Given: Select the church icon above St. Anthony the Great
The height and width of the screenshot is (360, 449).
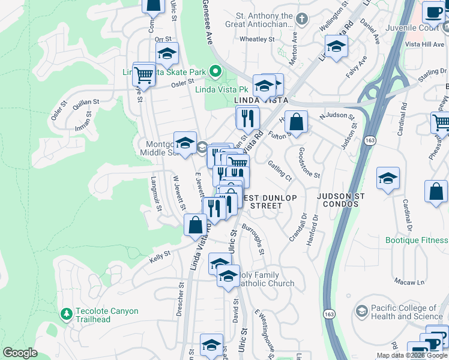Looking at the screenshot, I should (x=301, y=20).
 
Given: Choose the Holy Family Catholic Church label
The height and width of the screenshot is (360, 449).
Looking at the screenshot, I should (x=264, y=279).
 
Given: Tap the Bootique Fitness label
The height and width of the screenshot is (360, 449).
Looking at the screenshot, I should (x=417, y=240).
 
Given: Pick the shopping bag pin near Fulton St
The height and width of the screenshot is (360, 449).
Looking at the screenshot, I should (x=296, y=122).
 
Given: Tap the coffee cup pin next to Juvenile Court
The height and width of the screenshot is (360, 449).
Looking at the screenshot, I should (x=433, y=12).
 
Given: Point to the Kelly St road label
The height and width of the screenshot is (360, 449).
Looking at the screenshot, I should (x=160, y=256).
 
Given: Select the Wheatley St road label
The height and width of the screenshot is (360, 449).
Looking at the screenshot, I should (x=256, y=39).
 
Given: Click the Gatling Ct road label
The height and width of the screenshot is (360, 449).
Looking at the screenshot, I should (x=280, y=171).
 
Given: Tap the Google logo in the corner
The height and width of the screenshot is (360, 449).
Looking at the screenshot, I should (x=20, y=353).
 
